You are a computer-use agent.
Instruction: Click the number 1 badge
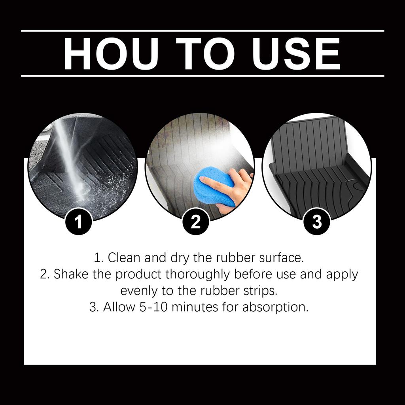coord(79,222)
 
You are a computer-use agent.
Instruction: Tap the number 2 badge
coord(196,222)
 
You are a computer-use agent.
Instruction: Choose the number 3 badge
coord(317,222)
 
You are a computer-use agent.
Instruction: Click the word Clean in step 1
coord(124,257)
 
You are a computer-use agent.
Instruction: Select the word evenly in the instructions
coord(139,291)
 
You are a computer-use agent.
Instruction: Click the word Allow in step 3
coord(119,307)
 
